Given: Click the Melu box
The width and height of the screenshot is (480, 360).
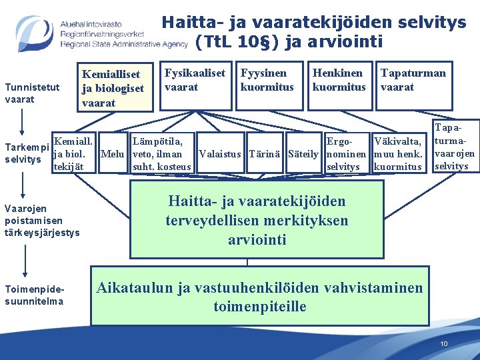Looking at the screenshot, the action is (114, 154).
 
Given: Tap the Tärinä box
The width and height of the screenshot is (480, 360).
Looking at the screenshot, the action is (265, 154).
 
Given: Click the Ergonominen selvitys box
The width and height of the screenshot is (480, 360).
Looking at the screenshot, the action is (344, 154).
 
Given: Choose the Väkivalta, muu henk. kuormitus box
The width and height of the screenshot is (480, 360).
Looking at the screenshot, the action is (399, 154).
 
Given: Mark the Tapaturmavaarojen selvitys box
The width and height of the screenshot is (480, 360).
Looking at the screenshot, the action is (453, 145).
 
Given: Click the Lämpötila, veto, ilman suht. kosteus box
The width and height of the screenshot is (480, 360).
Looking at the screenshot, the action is (161, 154).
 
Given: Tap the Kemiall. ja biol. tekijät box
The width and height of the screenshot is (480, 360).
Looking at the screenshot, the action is (74, 154).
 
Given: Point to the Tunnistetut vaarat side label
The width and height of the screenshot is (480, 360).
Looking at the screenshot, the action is (32, 93).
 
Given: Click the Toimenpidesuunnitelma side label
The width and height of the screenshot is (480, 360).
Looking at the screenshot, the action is (34, 295).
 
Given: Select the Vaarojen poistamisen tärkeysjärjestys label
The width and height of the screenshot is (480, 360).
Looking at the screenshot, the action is (42, 220).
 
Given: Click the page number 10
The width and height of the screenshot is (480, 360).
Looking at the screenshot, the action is (444, 343).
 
